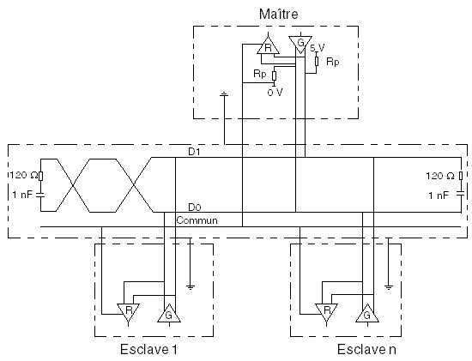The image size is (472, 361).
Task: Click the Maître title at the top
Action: [x=278, y=14]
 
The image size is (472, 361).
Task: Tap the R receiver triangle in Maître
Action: [x=269, y=46]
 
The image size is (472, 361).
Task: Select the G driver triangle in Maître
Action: [x=300, y=44]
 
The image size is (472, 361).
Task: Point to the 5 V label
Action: [x=318, y=48]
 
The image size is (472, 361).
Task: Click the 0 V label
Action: [x=275, y=93]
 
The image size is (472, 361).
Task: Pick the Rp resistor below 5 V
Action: [x=317, y=61]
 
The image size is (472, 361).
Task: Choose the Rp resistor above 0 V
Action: [x=275, y=76]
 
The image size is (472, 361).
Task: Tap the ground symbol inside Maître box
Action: [x=224, y=95]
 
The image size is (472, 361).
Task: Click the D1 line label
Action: [x=194, y=152]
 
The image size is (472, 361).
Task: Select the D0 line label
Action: [x=195, y=208]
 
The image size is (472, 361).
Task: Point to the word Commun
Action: [x=197, y=220]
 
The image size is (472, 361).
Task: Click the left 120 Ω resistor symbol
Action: [x=41, y=176]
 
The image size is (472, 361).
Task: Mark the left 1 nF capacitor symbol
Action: [x=40, y=195]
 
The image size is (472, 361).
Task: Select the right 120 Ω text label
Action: [x=439, y=176]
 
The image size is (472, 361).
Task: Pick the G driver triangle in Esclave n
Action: [x=367, y=314]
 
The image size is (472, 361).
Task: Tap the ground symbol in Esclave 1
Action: [x=191, y=287]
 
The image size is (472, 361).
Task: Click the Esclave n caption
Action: [x=366, y=349]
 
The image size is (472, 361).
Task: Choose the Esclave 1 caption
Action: [x=148, y=349]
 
